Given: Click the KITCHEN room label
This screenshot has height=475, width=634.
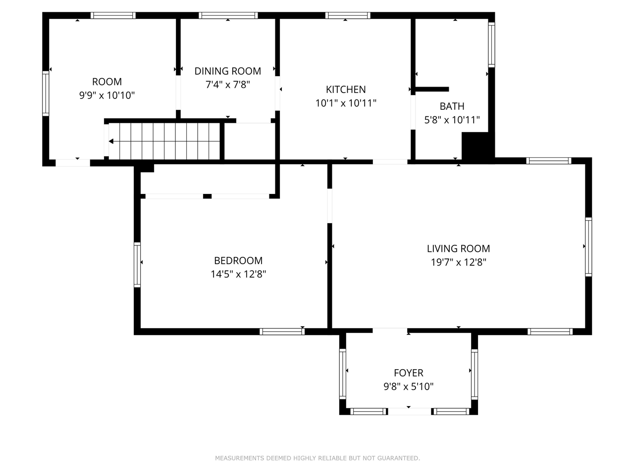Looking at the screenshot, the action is click(x=346, y=90).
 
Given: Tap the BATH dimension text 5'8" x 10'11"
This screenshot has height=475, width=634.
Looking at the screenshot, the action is click(x=452, y=120).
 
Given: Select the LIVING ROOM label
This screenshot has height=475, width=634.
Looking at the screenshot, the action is click(x=458, y=248).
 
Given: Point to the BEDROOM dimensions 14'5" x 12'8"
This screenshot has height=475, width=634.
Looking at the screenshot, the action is click(x=238, y=274).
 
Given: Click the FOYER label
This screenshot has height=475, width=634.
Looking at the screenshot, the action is click(x=409, y=373).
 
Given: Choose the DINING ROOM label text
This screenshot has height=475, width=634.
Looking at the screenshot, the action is click(x=228, y=71).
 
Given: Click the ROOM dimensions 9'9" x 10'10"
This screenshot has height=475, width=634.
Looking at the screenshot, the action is click(x=107, y=95).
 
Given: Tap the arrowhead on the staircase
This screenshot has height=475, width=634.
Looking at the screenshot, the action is click(x=111, y=142).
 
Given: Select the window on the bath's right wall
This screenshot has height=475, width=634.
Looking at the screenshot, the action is click(x=491, y=45).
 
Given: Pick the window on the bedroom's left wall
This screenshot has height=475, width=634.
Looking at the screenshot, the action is click(x=137, y=265).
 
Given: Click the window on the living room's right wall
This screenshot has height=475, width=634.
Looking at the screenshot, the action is click(x=588, y=247).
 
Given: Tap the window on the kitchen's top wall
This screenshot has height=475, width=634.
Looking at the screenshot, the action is click(x=348, y=15).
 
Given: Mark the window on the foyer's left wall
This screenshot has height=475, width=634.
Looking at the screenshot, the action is click(x=343, y=374).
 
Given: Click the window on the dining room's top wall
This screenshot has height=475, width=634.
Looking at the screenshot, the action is click(x=228, y=15).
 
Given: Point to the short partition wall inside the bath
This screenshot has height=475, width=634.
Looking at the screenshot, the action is click(x=432, y=90).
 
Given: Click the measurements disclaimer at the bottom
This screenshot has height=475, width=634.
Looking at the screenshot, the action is click(x=317, y=458).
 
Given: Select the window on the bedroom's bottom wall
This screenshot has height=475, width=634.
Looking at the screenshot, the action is click(x=282, y=332).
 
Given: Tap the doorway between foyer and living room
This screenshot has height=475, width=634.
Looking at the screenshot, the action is click(x=390, y=331).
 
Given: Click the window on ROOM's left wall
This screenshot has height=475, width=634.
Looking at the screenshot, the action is click(x=46, y=94).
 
